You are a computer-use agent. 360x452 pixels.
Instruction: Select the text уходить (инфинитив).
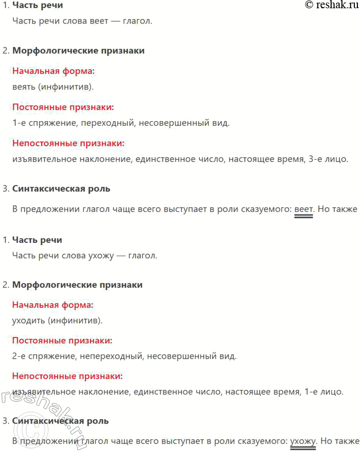point(57,321)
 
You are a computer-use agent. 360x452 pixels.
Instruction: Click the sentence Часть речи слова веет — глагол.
point(83,21)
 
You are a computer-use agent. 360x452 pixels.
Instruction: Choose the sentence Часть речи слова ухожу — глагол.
point(85,255)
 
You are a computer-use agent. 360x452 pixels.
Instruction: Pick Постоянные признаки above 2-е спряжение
point(62,341)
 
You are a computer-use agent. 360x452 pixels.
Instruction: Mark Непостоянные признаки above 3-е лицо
point(69,143)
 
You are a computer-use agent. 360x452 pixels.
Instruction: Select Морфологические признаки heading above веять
point(78,51)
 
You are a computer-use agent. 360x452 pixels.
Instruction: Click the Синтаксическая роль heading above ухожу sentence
point(60,421)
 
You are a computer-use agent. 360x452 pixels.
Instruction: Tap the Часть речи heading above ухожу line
point(37,240)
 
